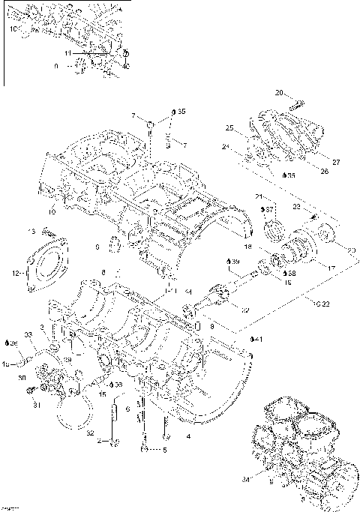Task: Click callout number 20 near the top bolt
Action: click(278, 93)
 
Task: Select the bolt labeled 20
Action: click(294, 102)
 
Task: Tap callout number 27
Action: click(336, 162)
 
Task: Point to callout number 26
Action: click(324, 171)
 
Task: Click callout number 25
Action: click(230, 127)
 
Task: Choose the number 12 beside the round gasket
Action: click(16, 274)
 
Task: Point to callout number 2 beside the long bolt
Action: click(100, 441)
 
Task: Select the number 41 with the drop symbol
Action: click(258, 340)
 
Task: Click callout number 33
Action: click(28, 334)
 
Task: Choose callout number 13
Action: click(32, 230)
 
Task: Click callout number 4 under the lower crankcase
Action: click(188, 435)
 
